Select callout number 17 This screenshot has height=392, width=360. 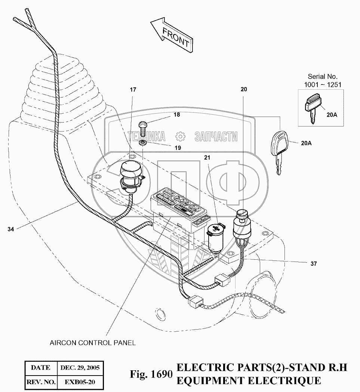point(133,90)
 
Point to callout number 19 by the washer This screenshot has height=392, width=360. point(178,148)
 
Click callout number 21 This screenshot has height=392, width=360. point(207,158)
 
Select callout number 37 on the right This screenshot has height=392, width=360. point(313,263)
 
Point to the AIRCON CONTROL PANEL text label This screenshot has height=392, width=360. point(93,342)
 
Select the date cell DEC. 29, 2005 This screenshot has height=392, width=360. point(80,367)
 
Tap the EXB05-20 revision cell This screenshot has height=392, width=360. point(80,382)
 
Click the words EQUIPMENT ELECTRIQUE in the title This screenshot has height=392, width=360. point(249,381)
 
